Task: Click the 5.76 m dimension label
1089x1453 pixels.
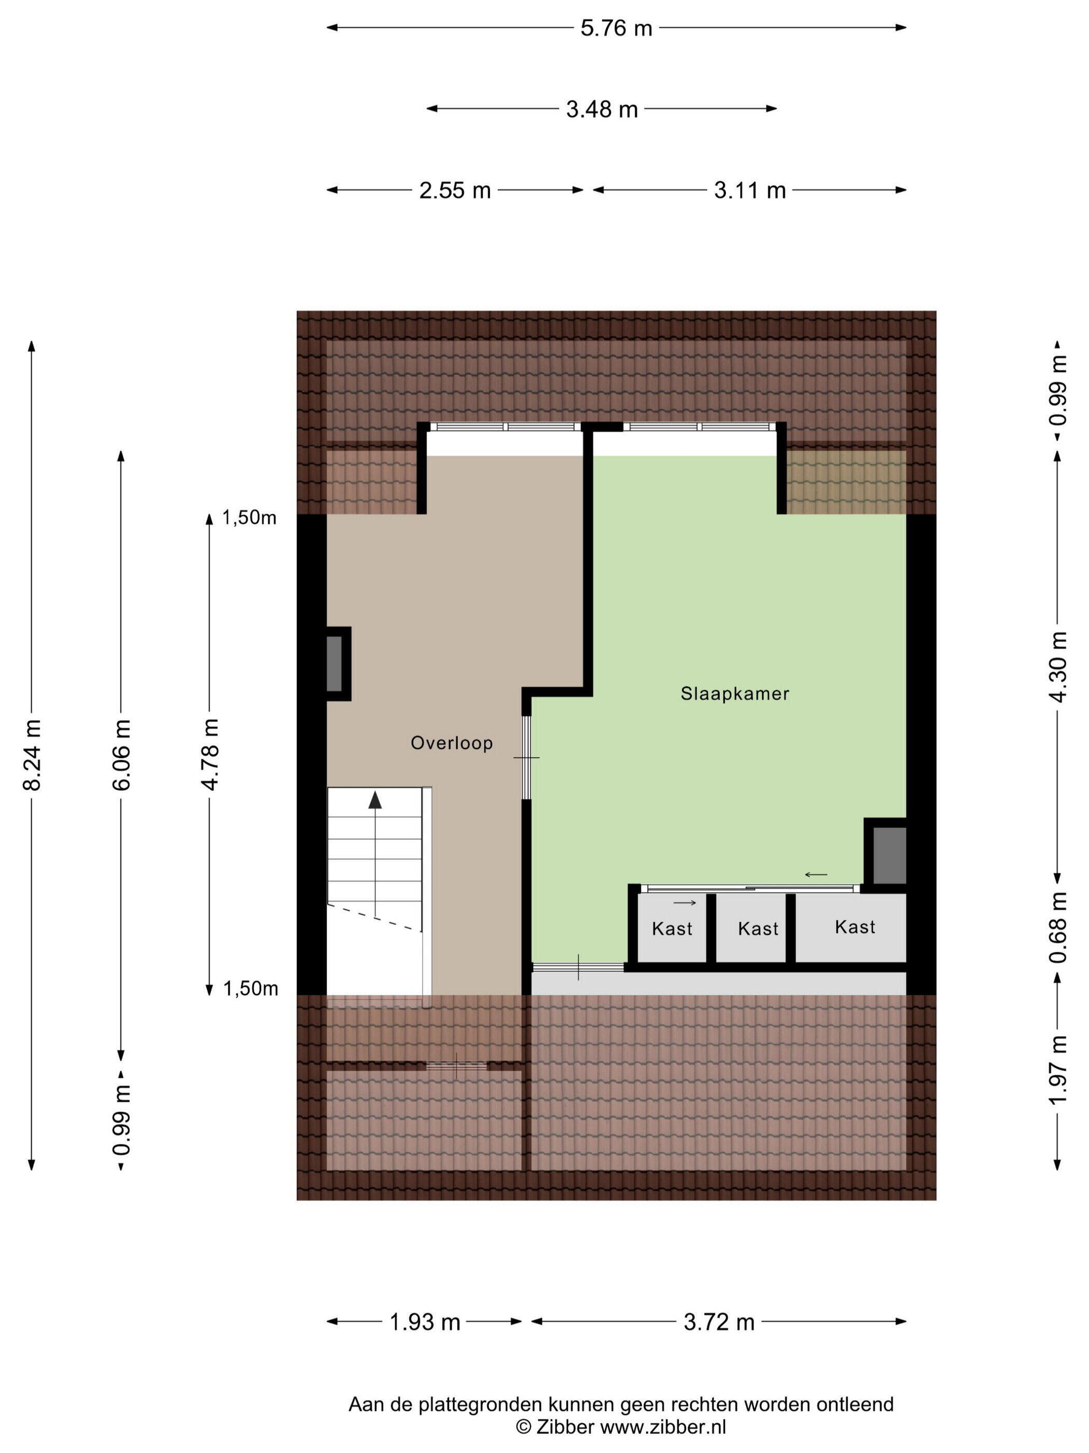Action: (616, 28)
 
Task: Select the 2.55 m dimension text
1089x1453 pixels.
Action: (454, 190)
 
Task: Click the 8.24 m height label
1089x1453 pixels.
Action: (32, 754)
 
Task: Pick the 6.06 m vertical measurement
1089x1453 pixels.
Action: (122, 754)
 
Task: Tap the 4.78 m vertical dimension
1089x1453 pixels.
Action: (210, 754)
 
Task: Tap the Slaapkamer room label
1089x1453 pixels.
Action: (734, 694)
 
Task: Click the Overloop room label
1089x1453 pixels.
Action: (452, 743)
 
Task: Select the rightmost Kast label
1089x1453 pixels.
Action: (855, 927)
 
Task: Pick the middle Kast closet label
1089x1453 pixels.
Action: (758, 929)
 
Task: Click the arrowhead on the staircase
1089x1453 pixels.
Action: (375, 800)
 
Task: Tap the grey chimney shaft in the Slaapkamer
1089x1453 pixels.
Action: (889, 855)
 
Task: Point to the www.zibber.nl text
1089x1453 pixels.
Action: (663, 1427)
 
